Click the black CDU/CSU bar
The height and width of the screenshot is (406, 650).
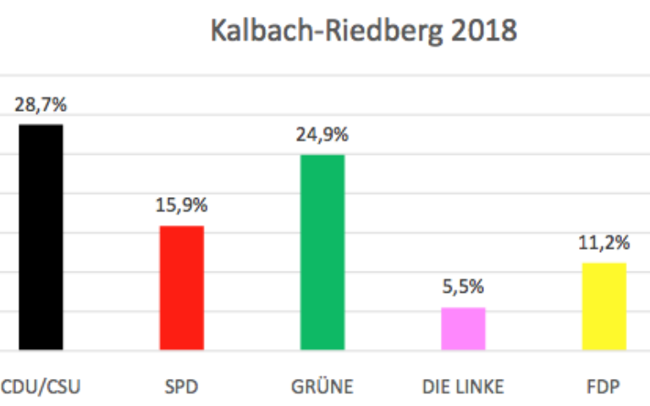click(41, 237)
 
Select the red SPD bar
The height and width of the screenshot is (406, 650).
click(182, 288)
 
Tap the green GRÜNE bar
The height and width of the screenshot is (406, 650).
click(322, 252)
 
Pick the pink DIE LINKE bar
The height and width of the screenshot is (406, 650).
click(463, 328)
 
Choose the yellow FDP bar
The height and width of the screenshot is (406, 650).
click(603, 306)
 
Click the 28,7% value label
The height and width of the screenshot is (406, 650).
click(40, 106)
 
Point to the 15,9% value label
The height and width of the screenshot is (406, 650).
click(181, 206)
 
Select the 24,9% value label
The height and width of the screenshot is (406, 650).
click(322, 135)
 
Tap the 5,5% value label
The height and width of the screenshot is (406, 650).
click(463, 288)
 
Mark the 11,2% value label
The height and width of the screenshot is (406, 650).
click(604, 244)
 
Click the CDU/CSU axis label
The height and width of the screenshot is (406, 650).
click(41, 387)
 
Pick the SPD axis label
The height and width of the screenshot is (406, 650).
click(181, 387)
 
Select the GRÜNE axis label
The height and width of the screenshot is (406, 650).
click(322, 387)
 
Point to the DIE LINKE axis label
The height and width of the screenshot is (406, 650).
click(463, 387)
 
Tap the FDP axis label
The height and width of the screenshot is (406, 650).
click(603, 387)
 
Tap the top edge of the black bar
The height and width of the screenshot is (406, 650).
click(41, 125)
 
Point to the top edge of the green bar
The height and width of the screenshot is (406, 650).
click(322, 156)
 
